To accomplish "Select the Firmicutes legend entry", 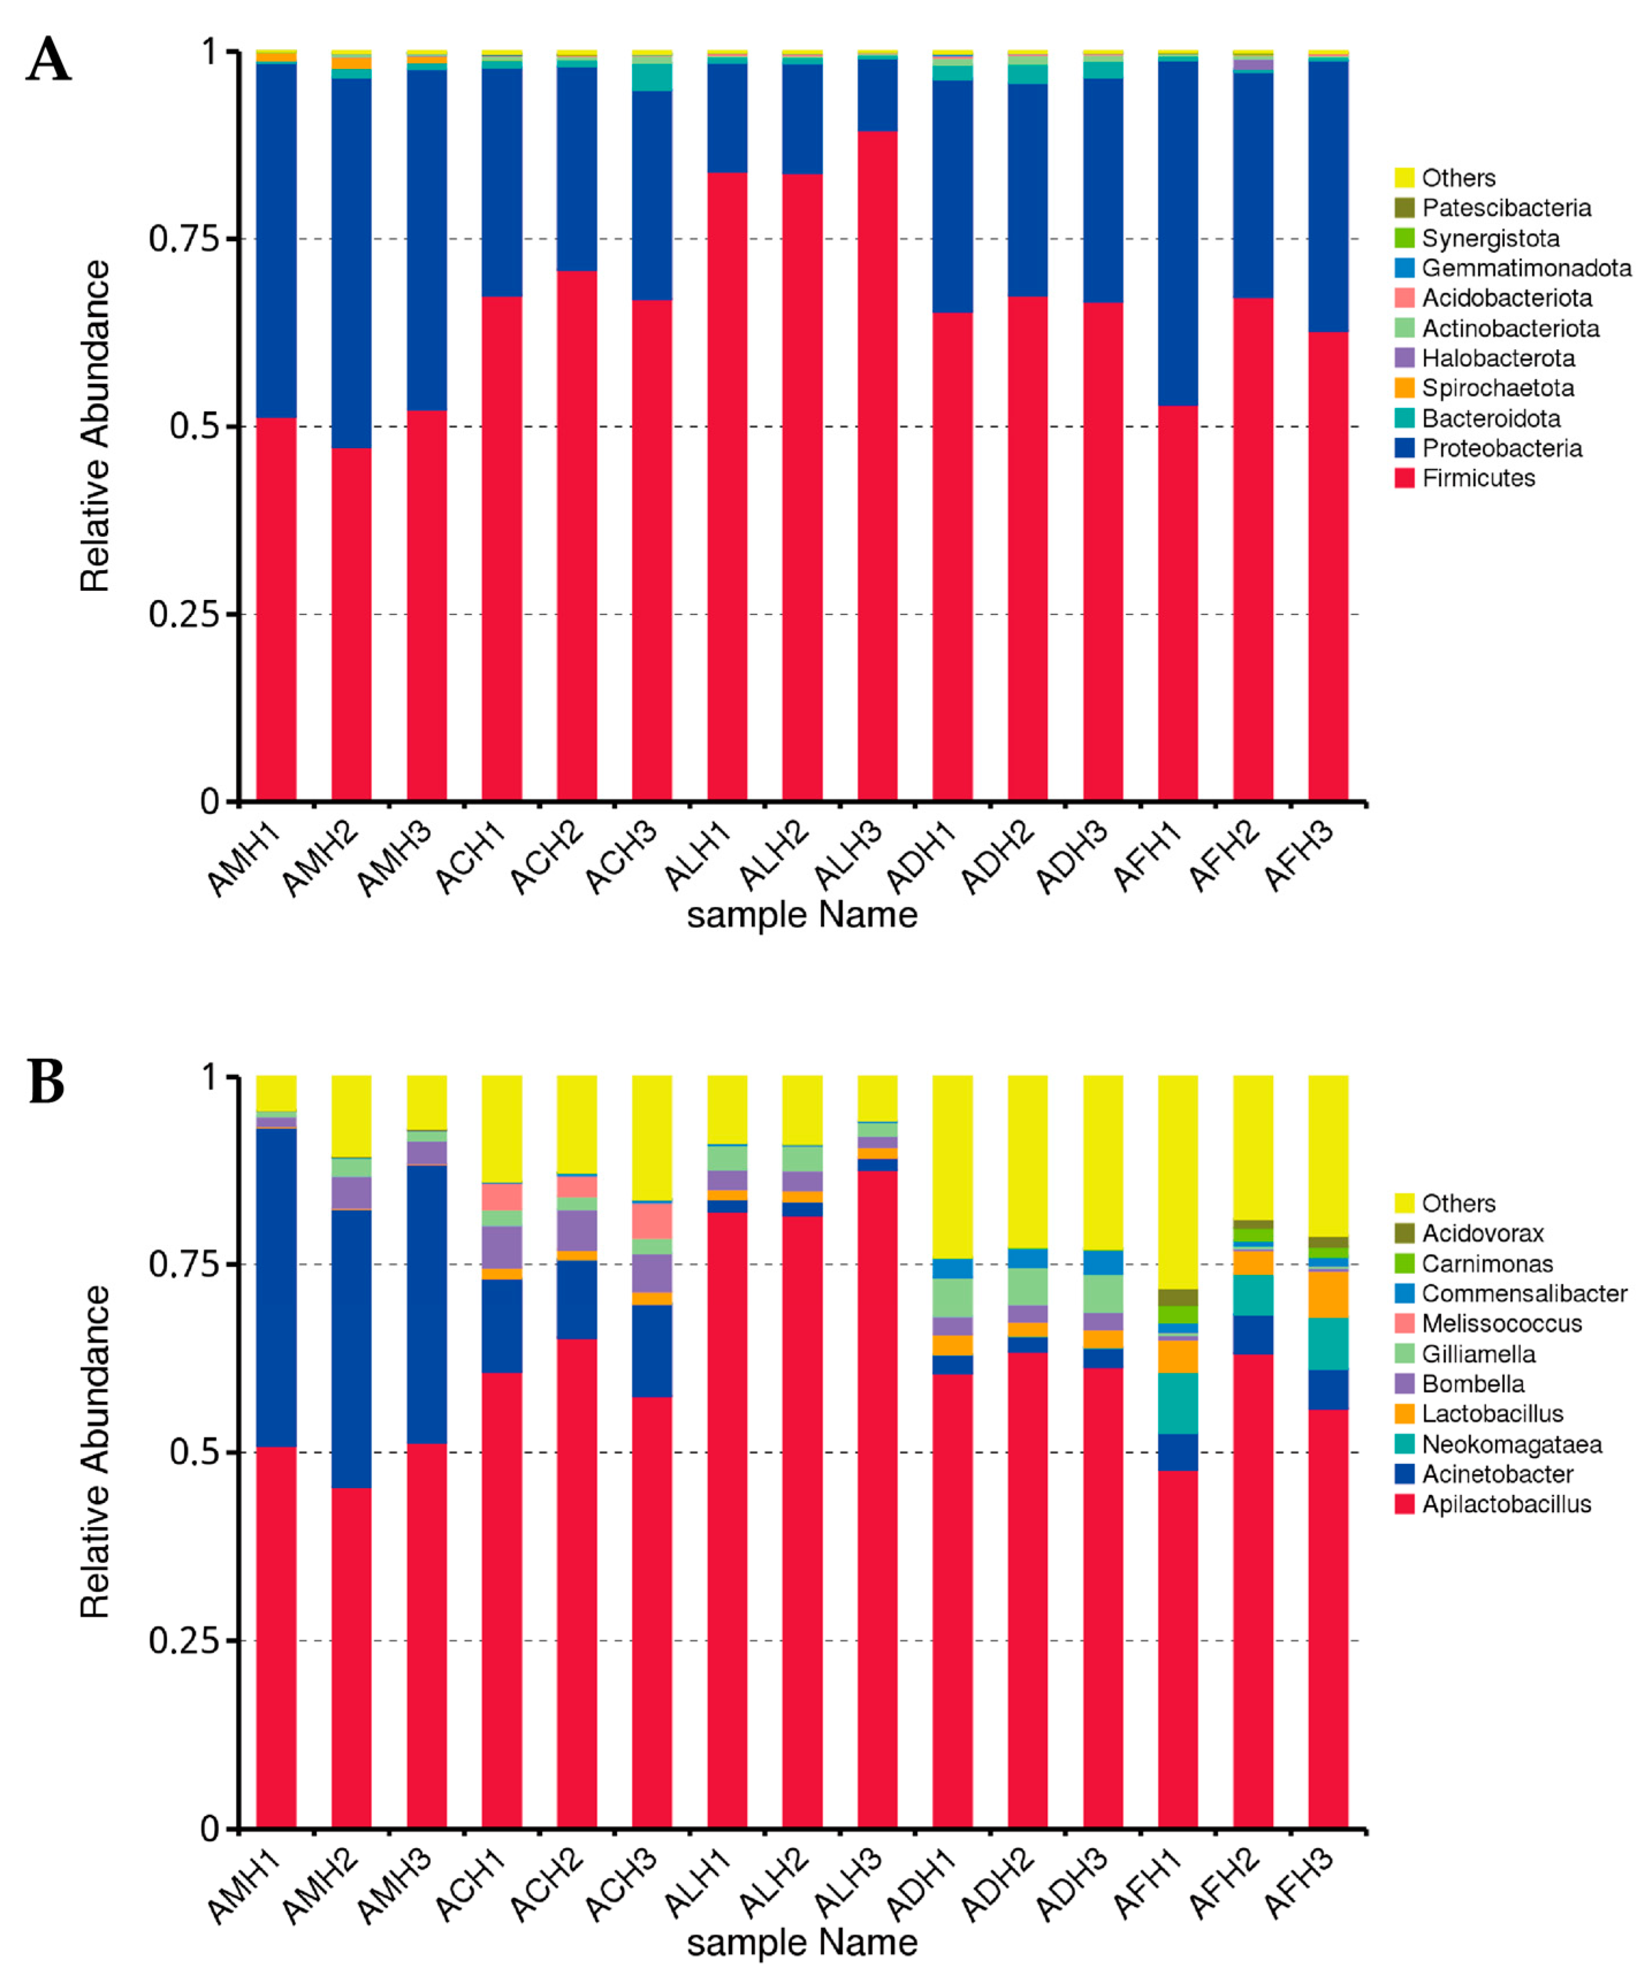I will (1478, 478).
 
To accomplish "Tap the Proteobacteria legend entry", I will (1501, 448).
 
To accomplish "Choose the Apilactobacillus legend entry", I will (1507, 1504).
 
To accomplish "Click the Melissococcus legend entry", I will (1501, 1324).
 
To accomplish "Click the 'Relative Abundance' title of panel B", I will (95, 1452).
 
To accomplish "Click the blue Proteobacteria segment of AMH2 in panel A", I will (352, 263).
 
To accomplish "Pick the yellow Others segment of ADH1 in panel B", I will (952, 1165).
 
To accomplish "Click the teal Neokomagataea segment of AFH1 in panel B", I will (1177, 1403).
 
